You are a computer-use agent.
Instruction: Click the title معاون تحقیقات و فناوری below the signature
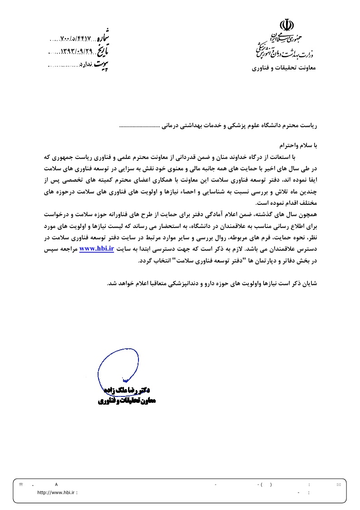[127, 401]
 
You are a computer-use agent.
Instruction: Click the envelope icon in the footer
[339, 485]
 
